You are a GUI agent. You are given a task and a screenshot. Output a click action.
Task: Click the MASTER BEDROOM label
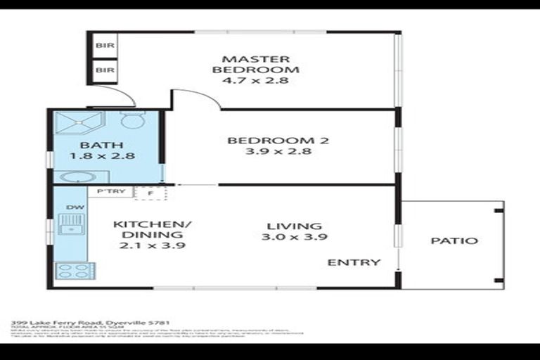[255, 64]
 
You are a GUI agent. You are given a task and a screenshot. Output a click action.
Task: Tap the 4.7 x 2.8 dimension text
[255, 81]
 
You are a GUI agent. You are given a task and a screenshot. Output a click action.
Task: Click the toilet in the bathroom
[131, 120]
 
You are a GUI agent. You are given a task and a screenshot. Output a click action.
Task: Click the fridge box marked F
[149, 193]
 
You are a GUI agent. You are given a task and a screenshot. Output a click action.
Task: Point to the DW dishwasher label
[72, 207]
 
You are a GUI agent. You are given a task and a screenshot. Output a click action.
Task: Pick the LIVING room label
[295, 226]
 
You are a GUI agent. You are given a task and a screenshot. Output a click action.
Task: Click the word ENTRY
[354, 262]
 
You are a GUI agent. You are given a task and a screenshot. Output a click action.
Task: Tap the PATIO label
[454, 240]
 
